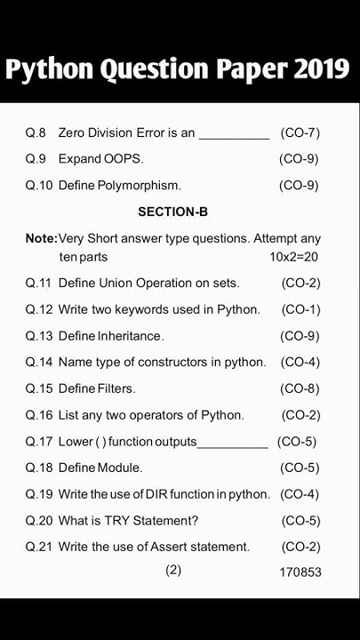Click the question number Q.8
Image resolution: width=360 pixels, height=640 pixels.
pos(36,132)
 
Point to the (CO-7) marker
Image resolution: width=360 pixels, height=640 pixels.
pos(300,132)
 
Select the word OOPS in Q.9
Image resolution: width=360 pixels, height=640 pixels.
pos(123,159)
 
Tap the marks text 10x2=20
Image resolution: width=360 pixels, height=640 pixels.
pos(293,257)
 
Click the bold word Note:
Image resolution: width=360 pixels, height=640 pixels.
pos(41,238)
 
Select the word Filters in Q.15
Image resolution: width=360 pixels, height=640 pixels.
pos(116,388)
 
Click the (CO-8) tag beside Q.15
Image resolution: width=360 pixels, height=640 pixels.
pos(300,388)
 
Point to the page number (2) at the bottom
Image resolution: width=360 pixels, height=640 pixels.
pos(173,570)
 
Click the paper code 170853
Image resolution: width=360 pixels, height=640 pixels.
pos(300,572)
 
